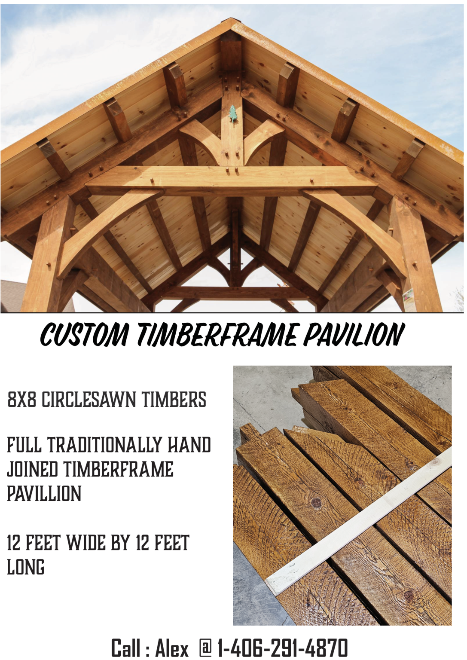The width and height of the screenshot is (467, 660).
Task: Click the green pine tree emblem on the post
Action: click(x=233, y=114)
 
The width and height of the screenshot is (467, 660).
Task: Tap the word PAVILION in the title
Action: click(x=354, y=334)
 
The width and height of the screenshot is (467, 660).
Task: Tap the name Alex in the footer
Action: click(x=171, y=648)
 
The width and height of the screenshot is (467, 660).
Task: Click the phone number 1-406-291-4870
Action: click(x=283, y=648)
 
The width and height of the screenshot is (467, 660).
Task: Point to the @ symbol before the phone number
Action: click(x=205, y=648)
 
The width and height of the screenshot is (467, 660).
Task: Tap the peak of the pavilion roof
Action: click(x=231, y=21)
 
